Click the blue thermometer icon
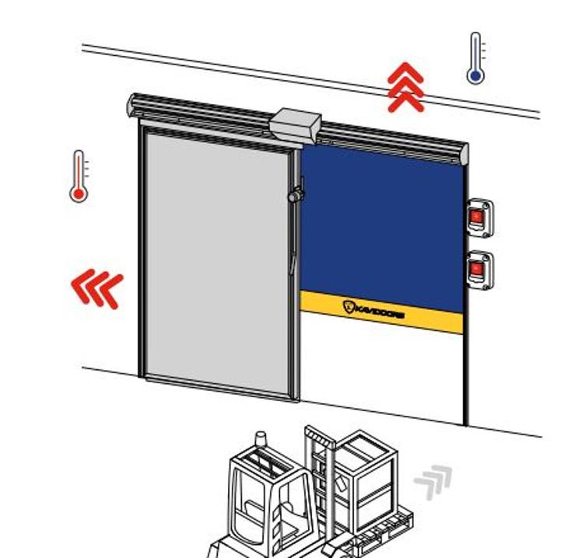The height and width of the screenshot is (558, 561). [475, 59]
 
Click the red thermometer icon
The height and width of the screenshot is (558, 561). [79, 176]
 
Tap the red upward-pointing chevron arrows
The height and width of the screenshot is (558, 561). [406, 88]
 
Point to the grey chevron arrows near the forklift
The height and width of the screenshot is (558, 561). [433, 481]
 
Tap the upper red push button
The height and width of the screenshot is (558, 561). [477, 215]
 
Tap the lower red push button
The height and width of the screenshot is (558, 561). [477, 269]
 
